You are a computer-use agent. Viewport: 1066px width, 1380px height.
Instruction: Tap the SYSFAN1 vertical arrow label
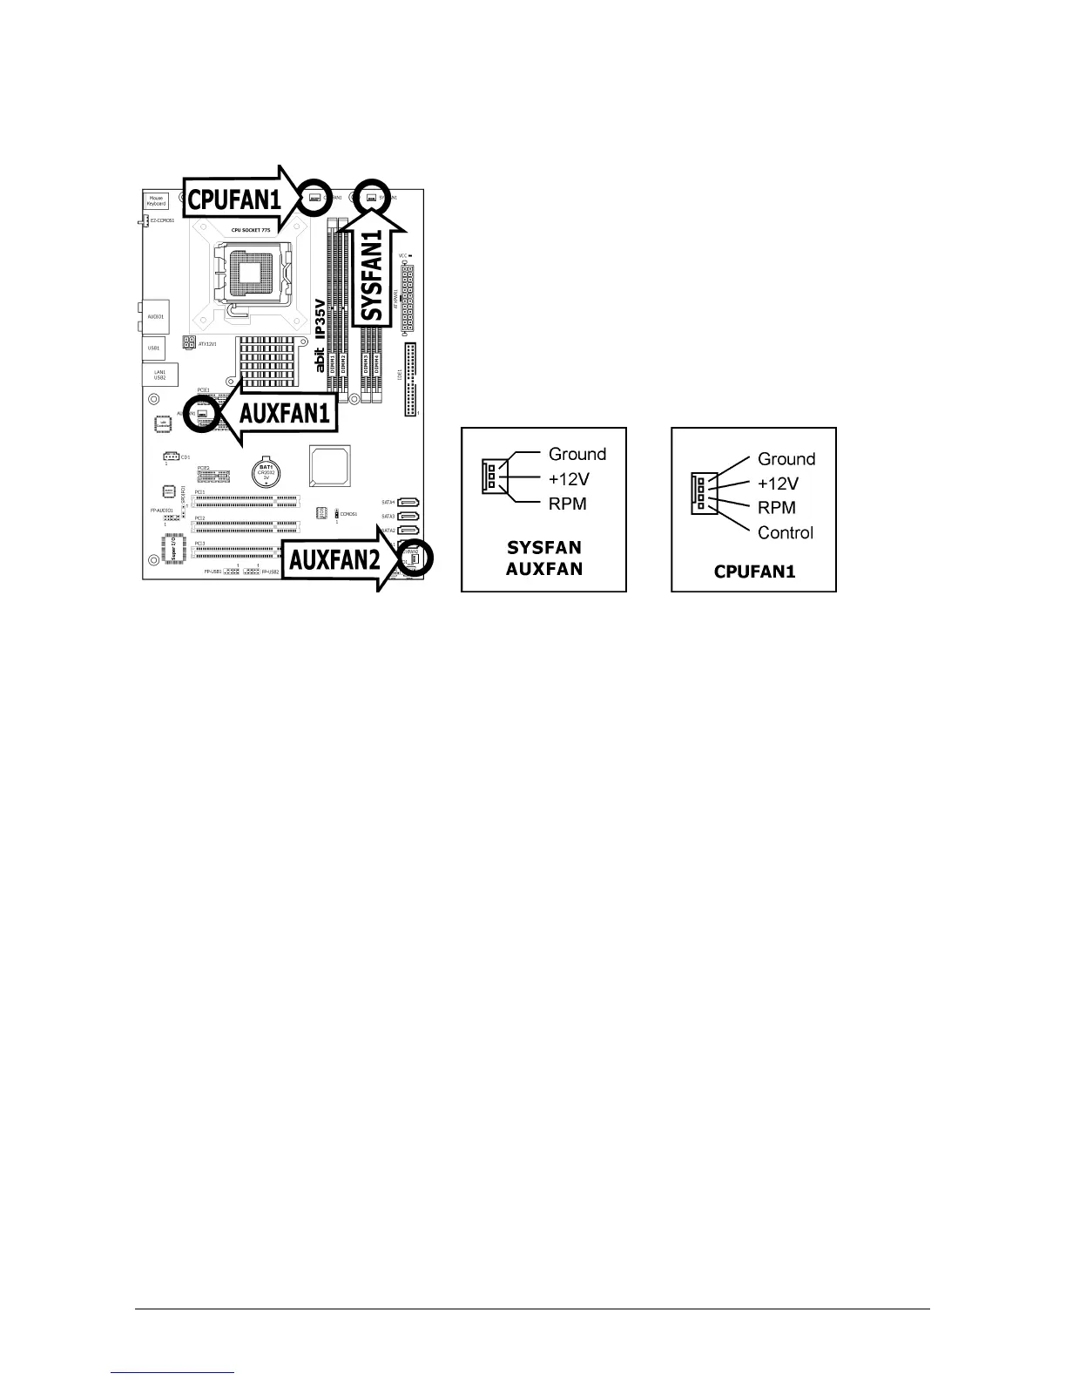(373, 274)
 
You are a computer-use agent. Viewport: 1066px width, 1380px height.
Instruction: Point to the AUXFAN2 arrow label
(335, 559)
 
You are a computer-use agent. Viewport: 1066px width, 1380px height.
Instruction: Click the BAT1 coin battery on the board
(266, 473)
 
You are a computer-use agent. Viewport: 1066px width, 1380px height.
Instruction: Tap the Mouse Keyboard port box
(156, 201)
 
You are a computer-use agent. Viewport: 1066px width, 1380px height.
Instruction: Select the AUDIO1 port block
(156, 315)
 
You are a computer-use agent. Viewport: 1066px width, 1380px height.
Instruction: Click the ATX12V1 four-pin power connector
(189, 342)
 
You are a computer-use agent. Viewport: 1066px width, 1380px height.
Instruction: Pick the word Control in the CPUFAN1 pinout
(786, 532)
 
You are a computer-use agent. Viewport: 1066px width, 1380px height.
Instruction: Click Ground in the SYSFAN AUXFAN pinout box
(577, 454)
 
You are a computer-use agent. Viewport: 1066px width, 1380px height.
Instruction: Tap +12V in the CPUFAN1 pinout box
(778, 484)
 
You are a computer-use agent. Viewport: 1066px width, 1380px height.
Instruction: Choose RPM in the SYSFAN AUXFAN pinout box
(568, 504)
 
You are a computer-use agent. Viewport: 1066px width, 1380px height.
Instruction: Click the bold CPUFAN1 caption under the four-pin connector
(754, 572)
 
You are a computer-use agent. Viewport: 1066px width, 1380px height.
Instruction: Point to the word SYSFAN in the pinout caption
(544, 548)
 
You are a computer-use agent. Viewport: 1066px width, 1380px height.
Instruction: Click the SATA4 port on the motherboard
(412, 503)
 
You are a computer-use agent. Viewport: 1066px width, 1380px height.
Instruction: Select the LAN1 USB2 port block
(160, 375)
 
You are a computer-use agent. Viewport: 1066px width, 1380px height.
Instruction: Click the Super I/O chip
(173, 549)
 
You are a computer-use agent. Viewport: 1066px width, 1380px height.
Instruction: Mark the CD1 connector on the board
(171, 457)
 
